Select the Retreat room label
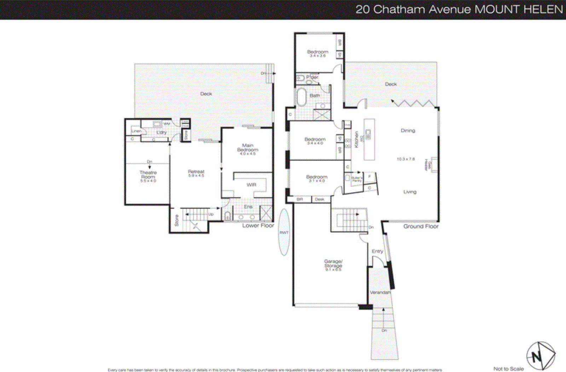pos(196,172)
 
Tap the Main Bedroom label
pos(248,148)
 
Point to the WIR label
pos(252,185)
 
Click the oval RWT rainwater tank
pos(284,232)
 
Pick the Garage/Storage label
pos(333,264)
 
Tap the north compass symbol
pos(540,356)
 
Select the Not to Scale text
pos(508,369)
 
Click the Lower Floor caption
pos(258,226)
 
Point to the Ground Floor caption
pos(421,226)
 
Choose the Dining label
pos(408,130)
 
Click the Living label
pos(410,192)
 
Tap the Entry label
pos(377,251)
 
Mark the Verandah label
pos(380,293)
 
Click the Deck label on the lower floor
pos(206,94)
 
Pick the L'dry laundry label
pos(162,132)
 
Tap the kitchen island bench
pos(369,139)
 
